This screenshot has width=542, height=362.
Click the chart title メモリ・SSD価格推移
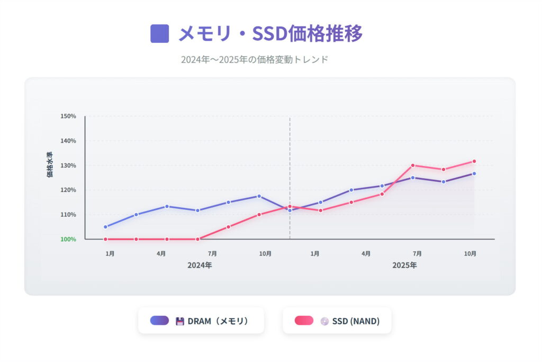(270, 33)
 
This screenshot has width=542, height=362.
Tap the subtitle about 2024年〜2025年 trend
(255, 59)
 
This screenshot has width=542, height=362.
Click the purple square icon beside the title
(160, 33)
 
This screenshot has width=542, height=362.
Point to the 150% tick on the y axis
(69, 116)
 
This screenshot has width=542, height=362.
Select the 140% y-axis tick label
(69, 141)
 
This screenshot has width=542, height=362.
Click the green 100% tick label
(69, 239)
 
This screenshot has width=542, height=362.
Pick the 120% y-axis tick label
(69, 190)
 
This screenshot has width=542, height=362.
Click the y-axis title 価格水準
(50, 165)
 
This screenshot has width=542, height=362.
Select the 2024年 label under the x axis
(200, 265)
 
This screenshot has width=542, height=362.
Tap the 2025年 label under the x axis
(404, 265)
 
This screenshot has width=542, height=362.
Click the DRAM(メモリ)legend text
(218, 321)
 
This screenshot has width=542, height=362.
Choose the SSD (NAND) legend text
(356, 321)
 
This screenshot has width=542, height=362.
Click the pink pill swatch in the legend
(304, 320)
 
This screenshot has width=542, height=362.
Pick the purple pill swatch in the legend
(159, 320)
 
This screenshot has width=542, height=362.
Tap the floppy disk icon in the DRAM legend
(180, 321)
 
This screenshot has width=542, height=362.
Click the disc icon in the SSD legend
(324, 321)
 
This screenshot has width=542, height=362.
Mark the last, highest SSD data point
(474, 161)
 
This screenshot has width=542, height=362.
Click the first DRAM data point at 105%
(105, 227)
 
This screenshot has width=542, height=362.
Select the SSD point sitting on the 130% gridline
(413, 165)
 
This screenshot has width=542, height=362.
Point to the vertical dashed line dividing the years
(290, 159)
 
